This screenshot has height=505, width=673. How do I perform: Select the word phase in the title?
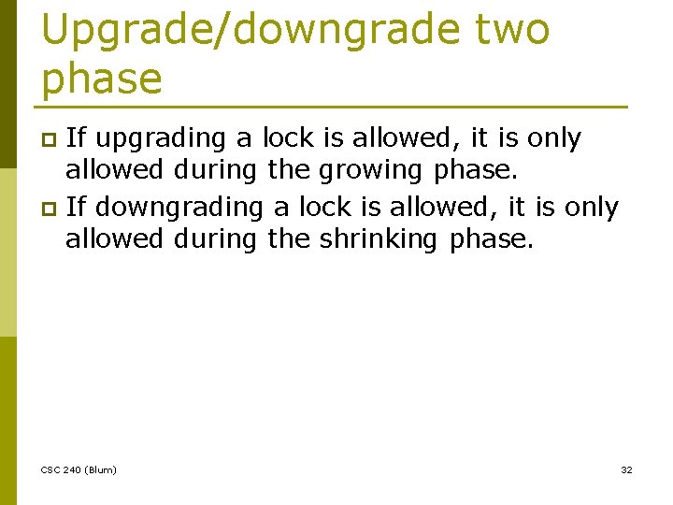pos(102,79)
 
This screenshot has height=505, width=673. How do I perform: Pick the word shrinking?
pos(378,239)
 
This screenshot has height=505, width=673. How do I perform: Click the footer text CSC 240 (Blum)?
pos(79,469)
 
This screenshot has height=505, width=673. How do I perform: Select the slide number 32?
pos(626,469)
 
